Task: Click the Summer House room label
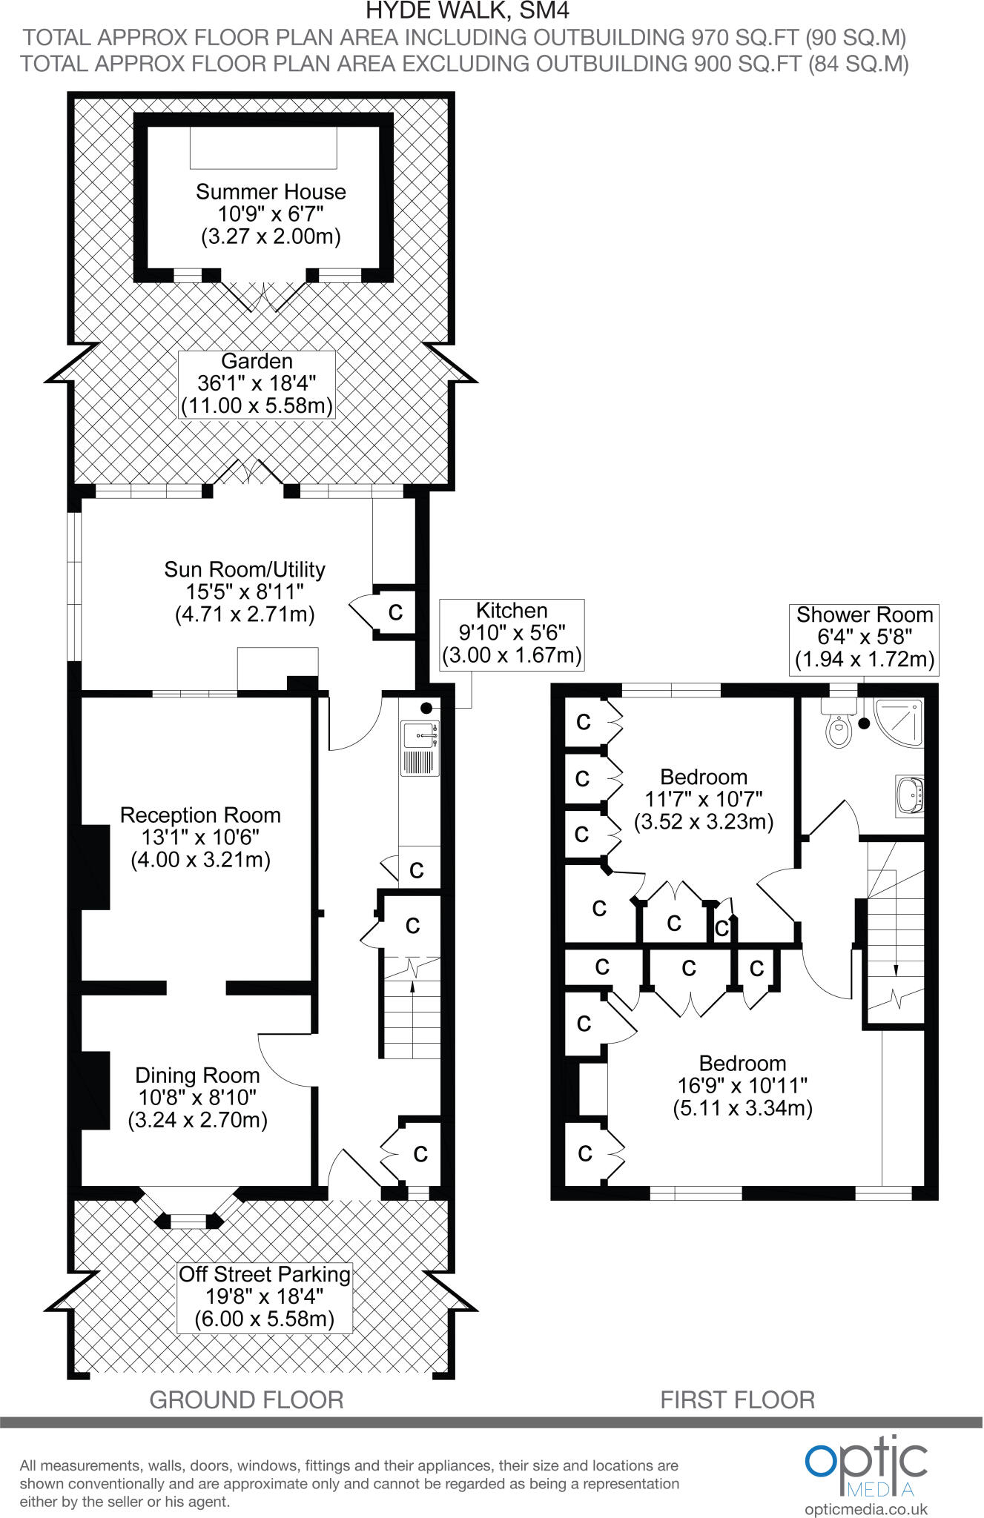point(271,214)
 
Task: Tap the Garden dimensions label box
point(257,384)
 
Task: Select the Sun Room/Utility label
point(245,591)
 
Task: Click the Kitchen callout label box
point(512,634)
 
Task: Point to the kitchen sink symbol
point(420,736)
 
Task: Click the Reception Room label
point(200,838)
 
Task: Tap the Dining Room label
point(197,1097)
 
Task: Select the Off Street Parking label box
point(265,1296)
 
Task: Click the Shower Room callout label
point(865,637)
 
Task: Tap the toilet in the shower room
point(838,726)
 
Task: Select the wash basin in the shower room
point(910,796)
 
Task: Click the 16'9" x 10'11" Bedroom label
point(742,1085)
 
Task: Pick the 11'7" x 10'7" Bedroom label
point(704,799)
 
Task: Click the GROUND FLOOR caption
point(246,1400)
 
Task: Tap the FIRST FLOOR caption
point(738,1400)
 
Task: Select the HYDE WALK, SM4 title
point(468,11)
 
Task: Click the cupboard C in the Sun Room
point(396,612)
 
